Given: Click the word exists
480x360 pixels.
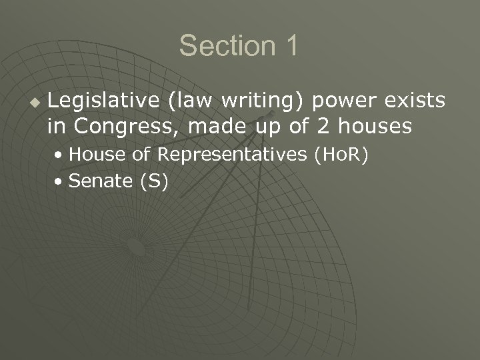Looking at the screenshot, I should pos(411,101).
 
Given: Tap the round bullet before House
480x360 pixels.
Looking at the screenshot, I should pos(61,155).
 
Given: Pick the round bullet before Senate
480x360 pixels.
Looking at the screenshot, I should pos(61,181).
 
